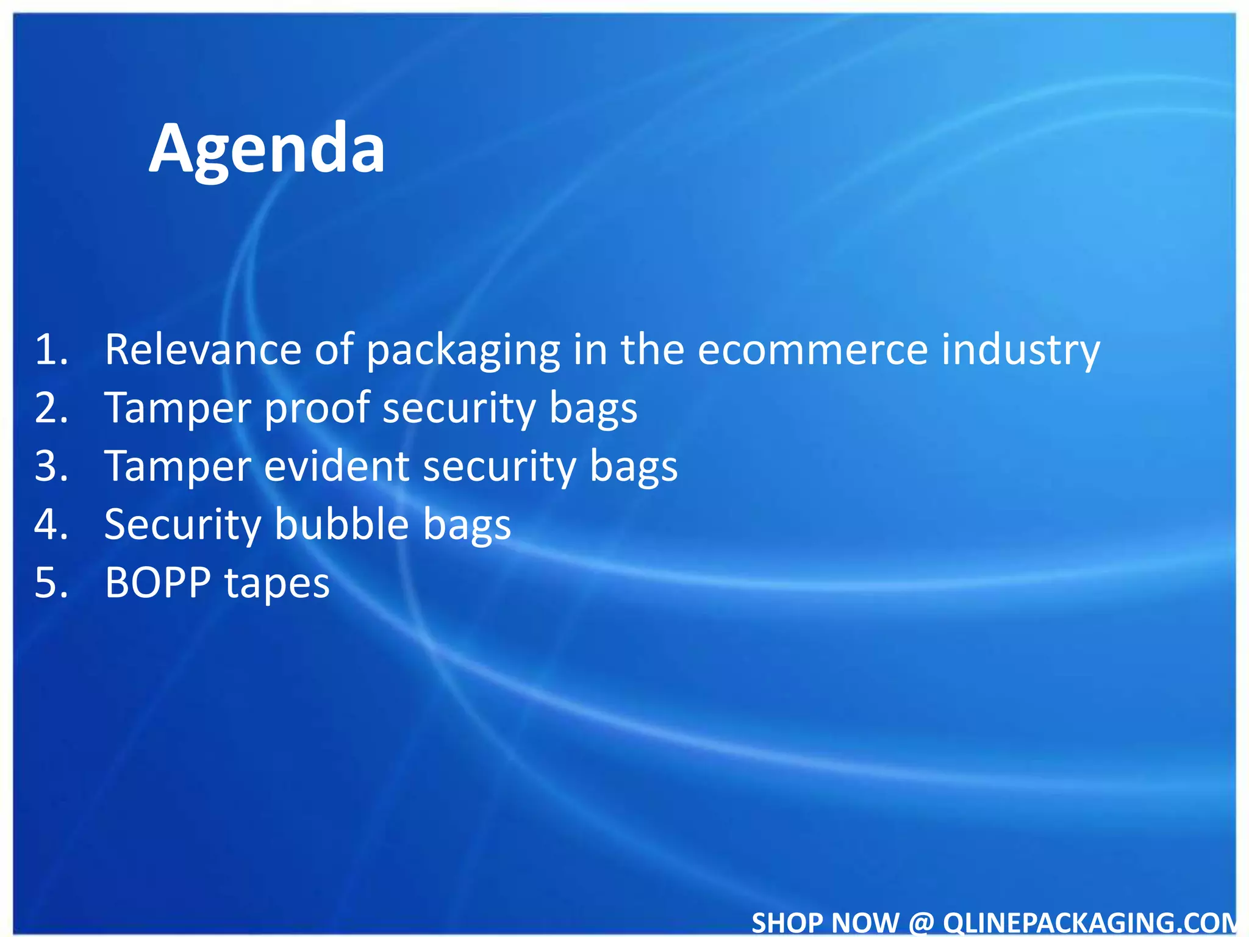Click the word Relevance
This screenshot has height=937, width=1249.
point(203,350)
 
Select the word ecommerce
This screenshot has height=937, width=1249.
point(812,350)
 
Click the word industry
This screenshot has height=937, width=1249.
point(1021,350)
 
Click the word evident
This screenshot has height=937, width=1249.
point(337,466)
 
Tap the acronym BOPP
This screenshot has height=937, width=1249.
point(158,583)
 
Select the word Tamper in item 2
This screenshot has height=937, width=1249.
point(177,407)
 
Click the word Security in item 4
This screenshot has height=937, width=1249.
point(182,524)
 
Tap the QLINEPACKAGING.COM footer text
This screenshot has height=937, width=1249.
point(1089,922)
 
